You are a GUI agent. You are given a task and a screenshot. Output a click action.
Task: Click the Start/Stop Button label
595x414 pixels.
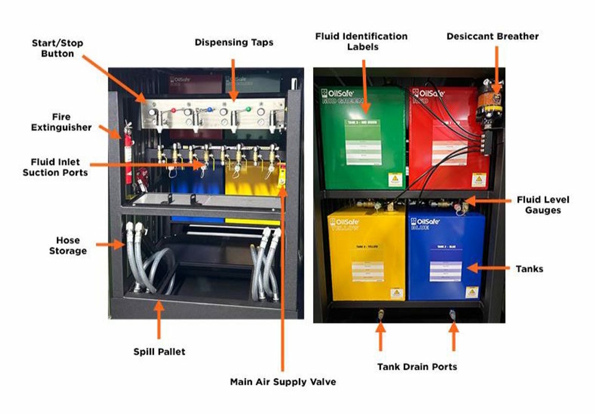[57, 48]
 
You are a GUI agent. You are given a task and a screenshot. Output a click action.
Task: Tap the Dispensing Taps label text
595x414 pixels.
[233, 42]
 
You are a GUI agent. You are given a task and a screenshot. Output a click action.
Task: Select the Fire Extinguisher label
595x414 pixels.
[61, 122]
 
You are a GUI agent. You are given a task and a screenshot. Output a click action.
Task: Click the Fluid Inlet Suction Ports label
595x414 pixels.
[55, 166]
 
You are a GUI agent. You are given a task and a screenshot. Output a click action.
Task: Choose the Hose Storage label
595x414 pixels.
[68, 245]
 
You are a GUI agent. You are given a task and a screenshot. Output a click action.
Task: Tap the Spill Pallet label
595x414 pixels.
[159, 352]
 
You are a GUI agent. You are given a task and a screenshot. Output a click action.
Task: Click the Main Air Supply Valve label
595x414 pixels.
[283, 382]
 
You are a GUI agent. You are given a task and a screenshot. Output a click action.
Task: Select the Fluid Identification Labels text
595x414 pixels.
[361, 41]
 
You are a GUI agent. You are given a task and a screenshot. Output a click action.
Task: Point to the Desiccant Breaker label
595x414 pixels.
[492, 36]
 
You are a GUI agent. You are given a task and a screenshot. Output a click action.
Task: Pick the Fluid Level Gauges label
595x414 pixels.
[542, 205]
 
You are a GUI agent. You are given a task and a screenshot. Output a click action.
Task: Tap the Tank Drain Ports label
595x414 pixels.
[417, 367]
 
